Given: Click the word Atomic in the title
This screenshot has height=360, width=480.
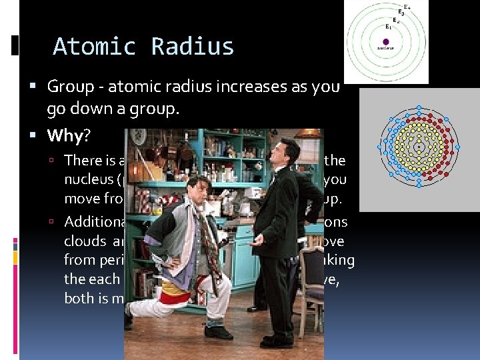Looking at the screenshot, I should (x=95, y=47).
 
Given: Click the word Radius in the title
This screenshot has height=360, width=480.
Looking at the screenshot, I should (x=193, y=47).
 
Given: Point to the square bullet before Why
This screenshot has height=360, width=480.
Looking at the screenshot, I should (x=39, y=136).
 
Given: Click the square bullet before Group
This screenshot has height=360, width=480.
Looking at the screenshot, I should (x=39, y=87).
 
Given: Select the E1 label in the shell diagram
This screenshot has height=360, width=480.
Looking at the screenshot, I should (x=388, y=27).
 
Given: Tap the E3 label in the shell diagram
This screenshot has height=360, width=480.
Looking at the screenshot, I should (x=401, y=12).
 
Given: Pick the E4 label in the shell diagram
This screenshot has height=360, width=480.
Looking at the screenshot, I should (x=408, y=6).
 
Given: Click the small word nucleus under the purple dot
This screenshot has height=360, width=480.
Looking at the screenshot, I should (x=385, y=48).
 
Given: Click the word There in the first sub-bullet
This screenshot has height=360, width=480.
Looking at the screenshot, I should (x=80, y=160).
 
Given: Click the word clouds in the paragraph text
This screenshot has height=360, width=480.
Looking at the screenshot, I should (x=85, y=242).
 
